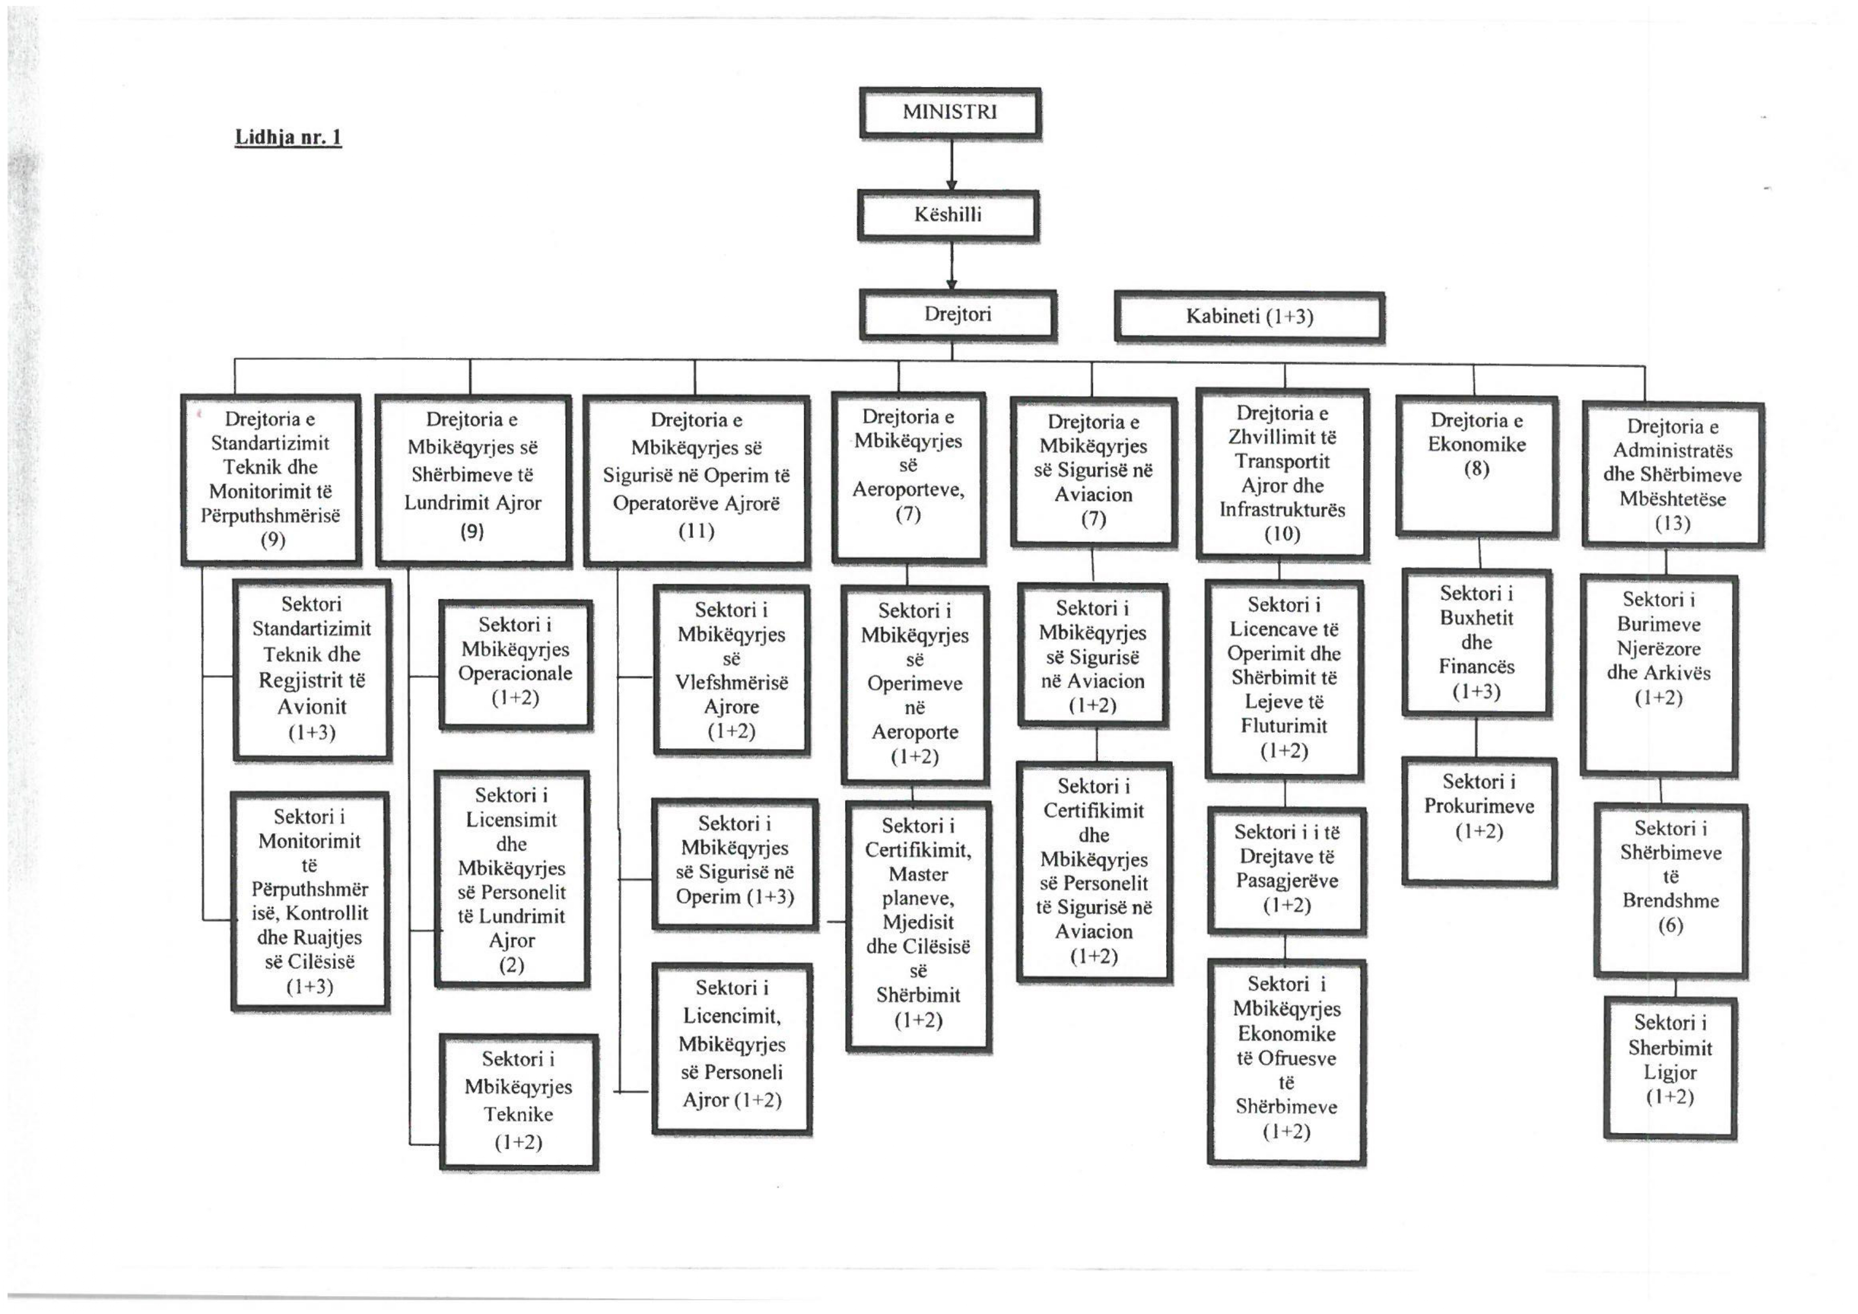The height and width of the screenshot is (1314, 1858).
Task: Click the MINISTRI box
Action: tap(950, 113)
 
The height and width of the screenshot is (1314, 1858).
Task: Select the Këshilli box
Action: tap(948, 215)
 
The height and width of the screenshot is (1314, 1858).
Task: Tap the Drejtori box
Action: tap(958, 315)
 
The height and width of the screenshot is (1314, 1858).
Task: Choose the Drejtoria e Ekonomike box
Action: tap(1477, 466)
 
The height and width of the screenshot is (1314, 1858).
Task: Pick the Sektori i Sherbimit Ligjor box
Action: tap(1670, 1068)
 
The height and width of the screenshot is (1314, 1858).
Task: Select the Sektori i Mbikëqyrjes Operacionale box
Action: tap(515, 665)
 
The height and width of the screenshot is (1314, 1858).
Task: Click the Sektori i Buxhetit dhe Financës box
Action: tap(1477, 643)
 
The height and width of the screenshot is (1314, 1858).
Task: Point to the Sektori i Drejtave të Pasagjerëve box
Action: tap(1287, 871)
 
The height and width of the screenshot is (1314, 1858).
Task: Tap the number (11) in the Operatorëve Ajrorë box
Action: tap(696, 531)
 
